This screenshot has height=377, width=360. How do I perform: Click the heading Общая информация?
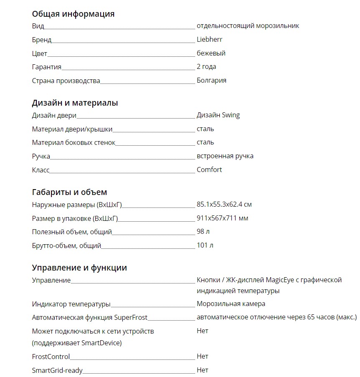[x=73, y=14]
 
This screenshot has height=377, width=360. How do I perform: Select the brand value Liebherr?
[x=209, y=40]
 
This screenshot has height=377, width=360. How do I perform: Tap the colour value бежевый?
[x=211, y=53]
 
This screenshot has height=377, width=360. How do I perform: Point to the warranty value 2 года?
[x=206, y=67]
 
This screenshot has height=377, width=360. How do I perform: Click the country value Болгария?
[x=211, y=80]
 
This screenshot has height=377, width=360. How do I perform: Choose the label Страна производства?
[x=66, y=81]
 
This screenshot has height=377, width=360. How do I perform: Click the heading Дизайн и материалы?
[x=75, y=103]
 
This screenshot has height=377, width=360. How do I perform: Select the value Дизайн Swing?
[x=218, y=115]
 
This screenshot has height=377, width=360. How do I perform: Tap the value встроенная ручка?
[x=225, y=156]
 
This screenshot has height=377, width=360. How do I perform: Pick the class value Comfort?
[x=209, y=170]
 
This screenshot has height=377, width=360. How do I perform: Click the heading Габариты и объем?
[x=69, y=192]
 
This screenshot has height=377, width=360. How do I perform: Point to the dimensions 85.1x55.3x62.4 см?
[x=224, y=205]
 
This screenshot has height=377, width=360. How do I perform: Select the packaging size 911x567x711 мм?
[x=223, y=218]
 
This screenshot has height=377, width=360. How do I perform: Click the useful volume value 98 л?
[x=203, y=232]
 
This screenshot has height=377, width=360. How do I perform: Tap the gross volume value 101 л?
[x=205, y=245]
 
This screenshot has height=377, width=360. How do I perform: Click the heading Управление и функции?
[x=79, y=268]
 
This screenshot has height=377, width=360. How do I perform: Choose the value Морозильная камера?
[x=231, y=304]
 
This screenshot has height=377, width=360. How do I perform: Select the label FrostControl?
[x=51, y=357]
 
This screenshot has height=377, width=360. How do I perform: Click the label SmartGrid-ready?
[x=57, y=370]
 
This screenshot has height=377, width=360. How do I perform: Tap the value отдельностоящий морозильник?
[x=248, y=26]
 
